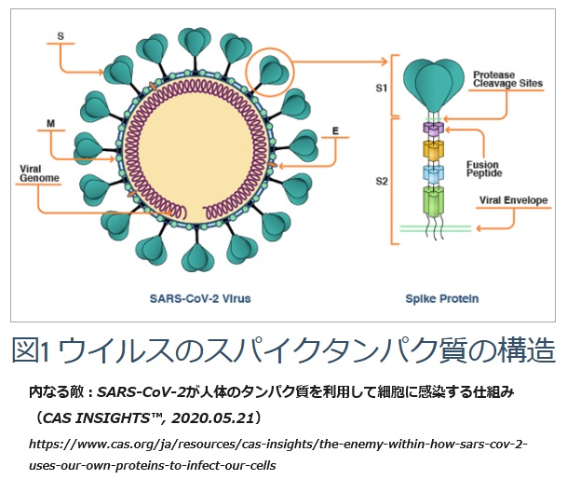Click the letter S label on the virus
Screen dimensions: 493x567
point(61,37)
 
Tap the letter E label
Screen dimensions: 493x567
point(333,130)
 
